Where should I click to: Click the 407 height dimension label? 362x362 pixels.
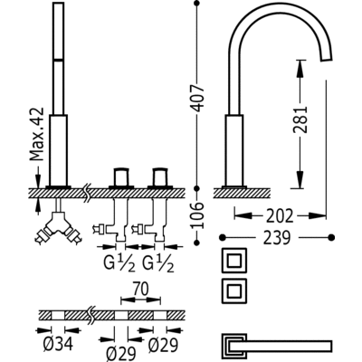click(x=198, y=99)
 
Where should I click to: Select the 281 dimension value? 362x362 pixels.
click(x=300, y=119)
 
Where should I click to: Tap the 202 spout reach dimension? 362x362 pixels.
click(x=280, y=216)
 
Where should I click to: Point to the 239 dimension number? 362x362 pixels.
click(x=277, y=238)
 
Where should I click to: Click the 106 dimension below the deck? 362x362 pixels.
click(x=198, y=215)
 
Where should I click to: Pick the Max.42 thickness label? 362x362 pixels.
click(x=37, y=134)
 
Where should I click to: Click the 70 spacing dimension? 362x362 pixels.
click(x=140, y=289)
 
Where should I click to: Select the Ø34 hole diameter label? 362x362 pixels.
click(x=58, y=344)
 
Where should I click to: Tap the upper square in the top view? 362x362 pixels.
click(x=234, y=261)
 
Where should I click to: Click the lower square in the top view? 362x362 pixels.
click(x=234, y=291)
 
